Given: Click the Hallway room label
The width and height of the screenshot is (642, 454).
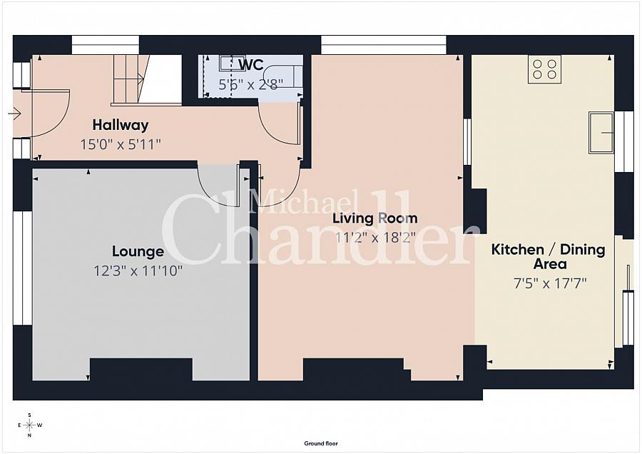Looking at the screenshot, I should point(120,125).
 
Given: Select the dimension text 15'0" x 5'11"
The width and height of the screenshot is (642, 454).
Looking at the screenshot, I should point(120,144).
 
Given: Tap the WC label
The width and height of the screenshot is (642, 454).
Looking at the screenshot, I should point(251,65).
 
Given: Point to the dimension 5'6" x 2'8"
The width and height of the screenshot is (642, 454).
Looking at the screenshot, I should point(250,83).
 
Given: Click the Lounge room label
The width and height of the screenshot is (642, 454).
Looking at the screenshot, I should point(138,251).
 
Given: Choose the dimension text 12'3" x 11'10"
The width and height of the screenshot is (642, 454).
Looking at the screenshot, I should point(138,271).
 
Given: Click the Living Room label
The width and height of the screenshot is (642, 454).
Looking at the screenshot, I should point(376,218).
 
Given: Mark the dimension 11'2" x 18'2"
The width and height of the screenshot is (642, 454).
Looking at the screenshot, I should point(376,238).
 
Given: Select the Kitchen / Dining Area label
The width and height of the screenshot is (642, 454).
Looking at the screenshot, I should point(548,256).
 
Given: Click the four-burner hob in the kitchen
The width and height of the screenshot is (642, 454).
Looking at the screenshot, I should point(544,69).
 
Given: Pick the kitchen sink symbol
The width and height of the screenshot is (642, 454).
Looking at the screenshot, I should point(601,132).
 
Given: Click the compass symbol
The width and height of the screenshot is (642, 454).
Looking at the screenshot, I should point(29,425).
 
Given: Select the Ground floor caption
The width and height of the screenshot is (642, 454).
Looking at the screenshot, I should point(321,443).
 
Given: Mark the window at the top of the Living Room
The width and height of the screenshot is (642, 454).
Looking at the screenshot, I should point(383,44).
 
